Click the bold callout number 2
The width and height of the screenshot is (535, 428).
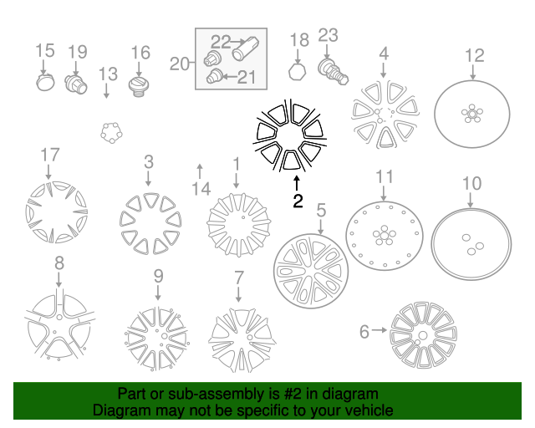(x=298, y=201)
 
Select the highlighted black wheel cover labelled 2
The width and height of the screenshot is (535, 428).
(x=290, y=135)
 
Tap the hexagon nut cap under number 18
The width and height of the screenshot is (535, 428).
(x=298, y=72)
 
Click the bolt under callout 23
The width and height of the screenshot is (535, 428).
(x=333, y=73)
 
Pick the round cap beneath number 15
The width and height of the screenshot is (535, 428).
(x=45, y=82)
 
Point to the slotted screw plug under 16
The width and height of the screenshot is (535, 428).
(x=139, y=88)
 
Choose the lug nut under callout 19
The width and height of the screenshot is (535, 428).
(x=76, y=84)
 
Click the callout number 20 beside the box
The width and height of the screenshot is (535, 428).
(x=180, y=64)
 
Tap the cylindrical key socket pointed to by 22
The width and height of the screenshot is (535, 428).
(x=245, y=48)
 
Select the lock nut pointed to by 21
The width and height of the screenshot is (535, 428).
(x=214, y=76)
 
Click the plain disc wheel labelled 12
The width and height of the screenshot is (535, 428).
(x=472, y=114)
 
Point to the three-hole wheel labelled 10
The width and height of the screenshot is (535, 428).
(x=471, y=244)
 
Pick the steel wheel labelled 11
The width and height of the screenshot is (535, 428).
(x=385, y=236)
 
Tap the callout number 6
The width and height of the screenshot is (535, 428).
(x=364, y=331)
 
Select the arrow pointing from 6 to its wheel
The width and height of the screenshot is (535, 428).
(x=380, y=330)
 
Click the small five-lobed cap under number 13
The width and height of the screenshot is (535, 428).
(x=111, y=133)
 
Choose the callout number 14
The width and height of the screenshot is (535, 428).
(x=201, y=189)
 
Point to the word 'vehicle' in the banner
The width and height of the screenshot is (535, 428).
(x=372, y=410)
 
